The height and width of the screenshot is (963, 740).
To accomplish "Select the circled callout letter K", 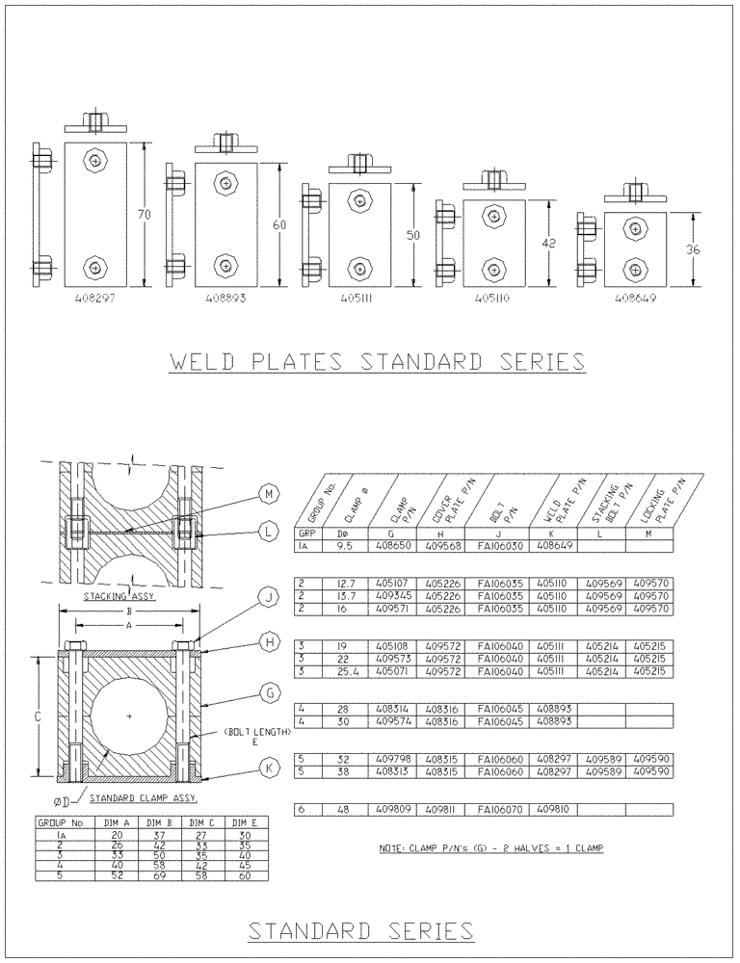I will pos(269,767).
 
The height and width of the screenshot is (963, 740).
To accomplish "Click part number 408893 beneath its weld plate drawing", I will pos(226,299).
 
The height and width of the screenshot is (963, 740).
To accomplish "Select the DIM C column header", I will pos(200,823).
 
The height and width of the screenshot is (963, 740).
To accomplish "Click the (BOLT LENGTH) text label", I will pos(256,732).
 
